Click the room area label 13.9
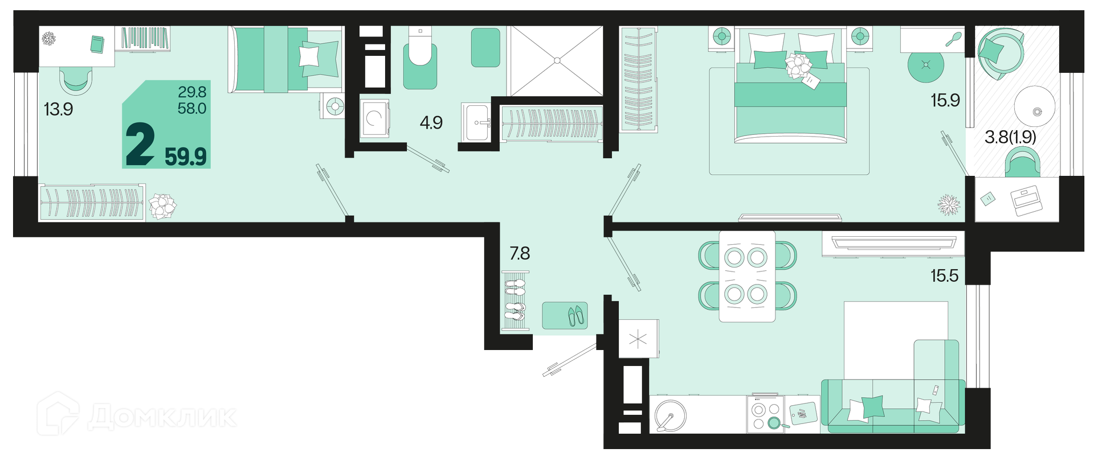[x=58, y=109]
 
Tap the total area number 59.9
[x=186, y=156]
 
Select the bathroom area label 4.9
[x=431, y=122]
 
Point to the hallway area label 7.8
[x=520, y=253]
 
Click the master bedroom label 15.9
[x=945, y=100]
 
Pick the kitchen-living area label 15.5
[x=945, y=276]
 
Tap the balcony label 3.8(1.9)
[x=1010, y=137]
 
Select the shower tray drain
[x=558, y=60]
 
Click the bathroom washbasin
[x=475, y=122]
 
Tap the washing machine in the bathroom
[x=375, y=118]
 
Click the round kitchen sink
[x=670, y=414]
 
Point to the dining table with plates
[x=747, y=276]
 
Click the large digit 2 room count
[x=140, y=145]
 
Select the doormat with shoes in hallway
[x=565, y=315]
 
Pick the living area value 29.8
[x=192, y=92]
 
